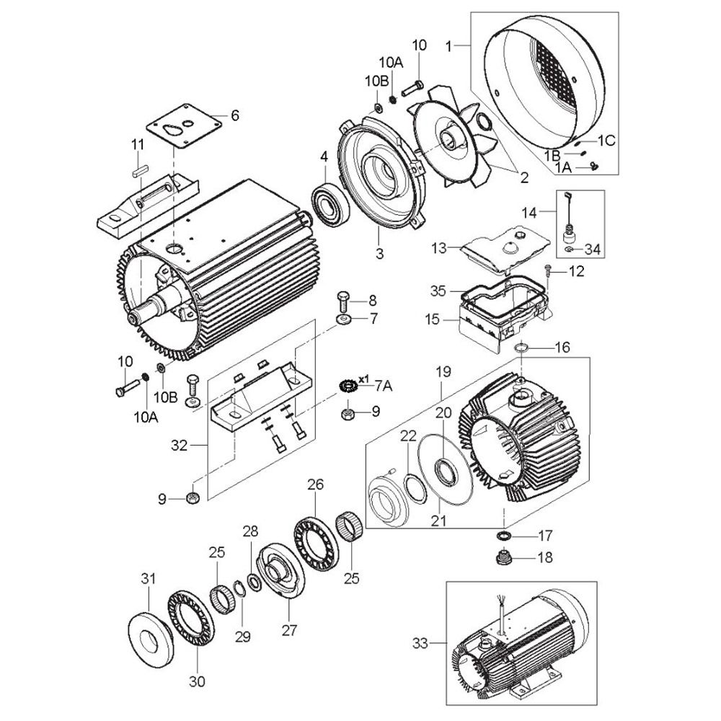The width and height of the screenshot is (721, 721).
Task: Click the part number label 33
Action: click(x=420, y=643)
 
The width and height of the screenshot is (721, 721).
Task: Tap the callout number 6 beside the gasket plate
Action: click(x=235, y=115)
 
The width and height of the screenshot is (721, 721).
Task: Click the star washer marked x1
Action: click(x=348, y=385)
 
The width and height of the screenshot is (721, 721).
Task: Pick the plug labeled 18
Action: click(x=505, y=558)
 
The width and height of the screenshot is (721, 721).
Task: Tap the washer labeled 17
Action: click(x=505, y=536)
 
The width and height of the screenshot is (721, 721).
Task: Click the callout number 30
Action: click(x=197, y=681)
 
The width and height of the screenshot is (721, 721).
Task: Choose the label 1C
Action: click(x=606, y=141)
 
